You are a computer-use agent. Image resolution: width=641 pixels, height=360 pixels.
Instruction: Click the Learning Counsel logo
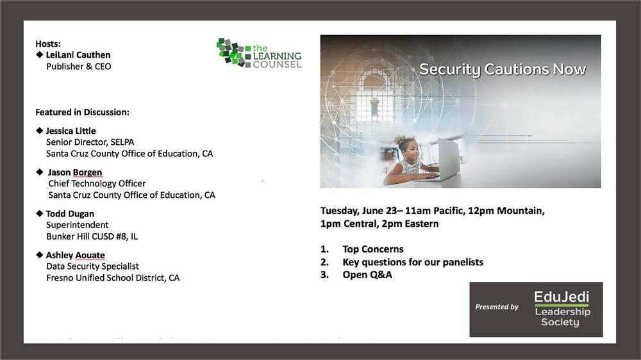pyautogui.click(x=259, y=53)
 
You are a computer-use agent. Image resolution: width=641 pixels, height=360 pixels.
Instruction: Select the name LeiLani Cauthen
pyautogui.click(x=78, y=54)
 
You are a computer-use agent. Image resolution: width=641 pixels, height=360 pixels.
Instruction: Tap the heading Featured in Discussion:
pyautogui.click(x=82, y=112)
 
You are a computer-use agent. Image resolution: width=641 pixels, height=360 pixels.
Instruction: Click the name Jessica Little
pyautogui.click(x=71, y=131)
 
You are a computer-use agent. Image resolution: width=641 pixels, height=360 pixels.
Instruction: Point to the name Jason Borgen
pyautogui.click(x=75, y=172)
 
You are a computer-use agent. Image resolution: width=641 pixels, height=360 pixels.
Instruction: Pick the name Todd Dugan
pyautogui.click(x=70, y=214)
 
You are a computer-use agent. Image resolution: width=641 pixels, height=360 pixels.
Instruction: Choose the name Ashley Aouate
pyautogui.click(x=75, y=256)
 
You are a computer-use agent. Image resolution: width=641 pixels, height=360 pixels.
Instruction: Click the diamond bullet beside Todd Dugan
pyautogui.click(x=40, y=213)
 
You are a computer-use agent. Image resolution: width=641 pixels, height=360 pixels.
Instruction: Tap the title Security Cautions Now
pyautogui.click(x=503, y=69)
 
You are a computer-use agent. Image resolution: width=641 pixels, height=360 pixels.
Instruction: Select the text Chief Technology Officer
pyautogui.click(x=97, y=183)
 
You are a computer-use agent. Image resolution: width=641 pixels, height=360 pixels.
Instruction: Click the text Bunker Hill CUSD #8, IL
pyautogui.click(x=92, y=236)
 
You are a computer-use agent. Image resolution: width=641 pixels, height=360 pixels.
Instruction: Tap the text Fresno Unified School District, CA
pyautogui.click(x=113, y=278)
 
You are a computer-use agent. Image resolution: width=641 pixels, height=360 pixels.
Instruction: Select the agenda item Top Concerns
pyautogui.click(x=373, y=249)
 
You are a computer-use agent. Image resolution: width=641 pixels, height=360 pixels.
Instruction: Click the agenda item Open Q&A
pyautogui.click(x=367, y=275)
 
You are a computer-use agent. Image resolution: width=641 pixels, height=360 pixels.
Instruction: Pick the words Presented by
pyautogui.click(x=497, y=307)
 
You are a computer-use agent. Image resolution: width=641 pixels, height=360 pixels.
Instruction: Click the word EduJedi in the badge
pyautogui.click(x=562, y=296)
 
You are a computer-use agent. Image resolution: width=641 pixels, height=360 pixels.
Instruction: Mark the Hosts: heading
pyautogui.click(x=48, y=44)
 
